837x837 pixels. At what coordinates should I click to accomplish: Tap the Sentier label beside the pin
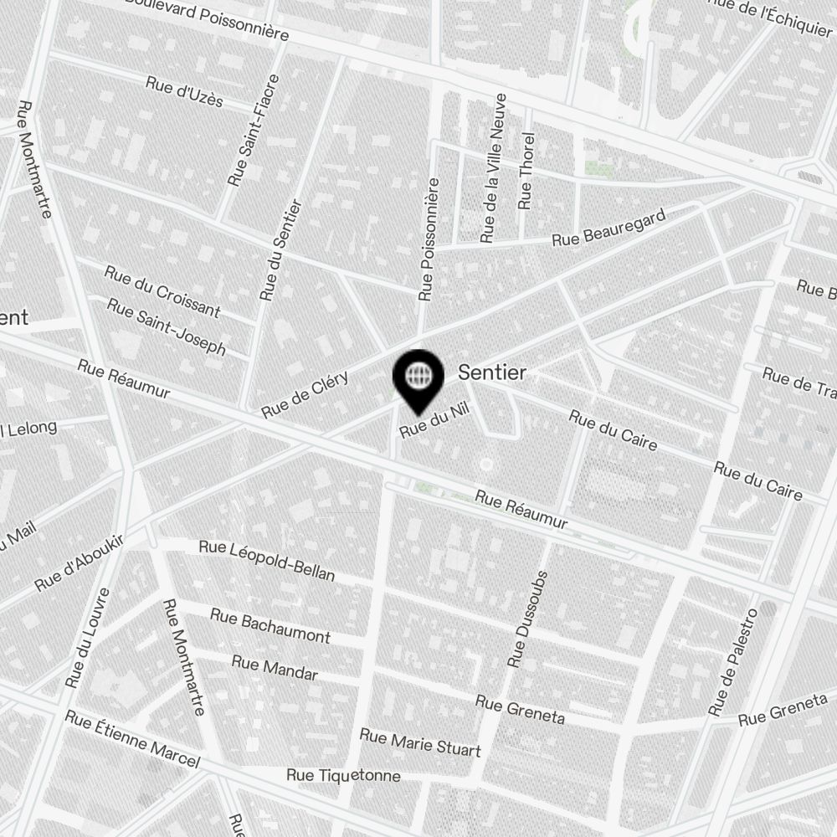click(x=492, y=373)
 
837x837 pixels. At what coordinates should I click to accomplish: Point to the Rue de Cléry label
click(x=305, y=394)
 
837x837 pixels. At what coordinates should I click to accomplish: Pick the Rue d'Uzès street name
click(x=184, y=92)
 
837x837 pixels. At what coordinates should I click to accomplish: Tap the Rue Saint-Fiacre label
click(x=254, y=131)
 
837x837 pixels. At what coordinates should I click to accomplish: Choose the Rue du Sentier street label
click(x=280, y=250)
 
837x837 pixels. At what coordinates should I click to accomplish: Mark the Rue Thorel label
click(x=526, y=171)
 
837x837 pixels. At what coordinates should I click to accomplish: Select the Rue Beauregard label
click(x=608, y=228)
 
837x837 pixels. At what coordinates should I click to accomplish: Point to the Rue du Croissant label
click(x=162, y=291)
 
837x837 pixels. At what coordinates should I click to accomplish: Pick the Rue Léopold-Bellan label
click(x=266, y=560)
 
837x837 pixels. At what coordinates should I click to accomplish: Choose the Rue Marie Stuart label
click(x=420, y=742)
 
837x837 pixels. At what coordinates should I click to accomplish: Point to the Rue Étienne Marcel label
click(x=132, y=739)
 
